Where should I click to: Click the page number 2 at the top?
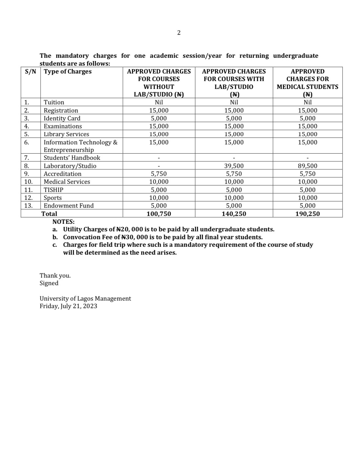click(x=179, y=32)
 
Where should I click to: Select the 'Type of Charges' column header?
click(x=68, y=72)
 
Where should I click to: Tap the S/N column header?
click(x=31, y=72)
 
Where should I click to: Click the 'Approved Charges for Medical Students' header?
click(x=307, y=83)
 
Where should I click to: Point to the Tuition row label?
click(x=54, y=102)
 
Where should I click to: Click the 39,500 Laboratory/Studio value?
click(x=234, y=166)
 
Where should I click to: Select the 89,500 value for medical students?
click(x=307, y=166)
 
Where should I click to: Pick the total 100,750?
click(x=159, y=214)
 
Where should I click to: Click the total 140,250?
click(x=234, y=214)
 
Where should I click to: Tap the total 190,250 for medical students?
click(x=307, y=214)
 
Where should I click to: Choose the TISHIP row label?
click(x=53, y=190)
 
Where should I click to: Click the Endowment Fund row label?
click(x=69, y=206)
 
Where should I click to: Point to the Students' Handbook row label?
click(x=72, y=158)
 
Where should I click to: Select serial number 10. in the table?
click(x=29, y=182)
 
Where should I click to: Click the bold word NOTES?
click(x=63, y=222)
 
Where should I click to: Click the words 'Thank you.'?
click(x=55, y=276)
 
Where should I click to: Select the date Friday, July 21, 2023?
click(x=68, y=306)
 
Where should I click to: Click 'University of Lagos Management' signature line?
click(x=85, y=299)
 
